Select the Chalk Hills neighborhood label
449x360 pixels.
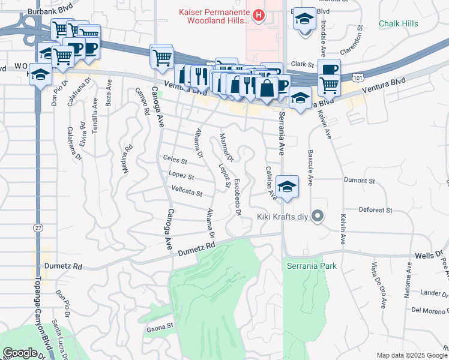click(399, 23)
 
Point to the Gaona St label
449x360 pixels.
click(160, 329)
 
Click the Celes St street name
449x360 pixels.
click(175, 161)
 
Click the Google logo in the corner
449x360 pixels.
click(20, 353)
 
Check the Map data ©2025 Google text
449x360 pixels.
click(411, 355)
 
